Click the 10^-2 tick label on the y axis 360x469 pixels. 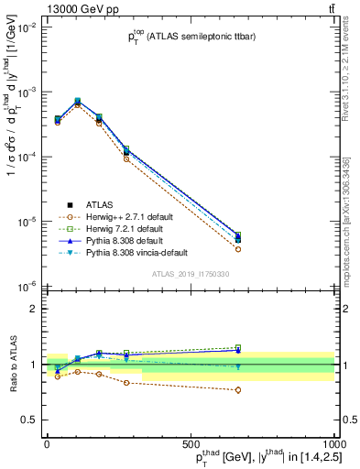(25, 28)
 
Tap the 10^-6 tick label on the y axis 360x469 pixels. (25, 287)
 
